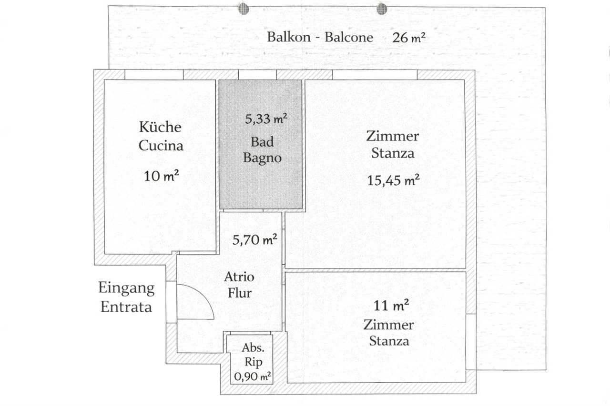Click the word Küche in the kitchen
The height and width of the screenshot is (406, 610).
tap(160, 127)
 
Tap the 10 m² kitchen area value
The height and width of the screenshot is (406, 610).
tap(161, 176)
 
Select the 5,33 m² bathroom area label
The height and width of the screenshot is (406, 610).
tap(266, 119)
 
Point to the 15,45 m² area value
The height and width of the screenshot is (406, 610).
tap(393, 180)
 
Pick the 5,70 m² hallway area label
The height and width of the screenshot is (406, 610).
tap(254, 240)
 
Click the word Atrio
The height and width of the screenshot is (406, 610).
tap(239, 277)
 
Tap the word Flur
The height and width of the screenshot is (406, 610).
tap(240, 293)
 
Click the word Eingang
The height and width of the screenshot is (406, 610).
tap(126, 288)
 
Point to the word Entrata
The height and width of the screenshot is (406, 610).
tap(126, 307)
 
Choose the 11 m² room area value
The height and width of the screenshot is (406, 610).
tap(391, 306)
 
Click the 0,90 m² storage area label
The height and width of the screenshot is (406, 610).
tap(252, 376)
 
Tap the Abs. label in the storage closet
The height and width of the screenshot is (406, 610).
tap(253, 348)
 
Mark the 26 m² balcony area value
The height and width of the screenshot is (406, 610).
tap(409, 38)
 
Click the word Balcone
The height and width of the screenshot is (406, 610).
tap(349, 37)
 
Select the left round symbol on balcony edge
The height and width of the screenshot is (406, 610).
tap(244, 9)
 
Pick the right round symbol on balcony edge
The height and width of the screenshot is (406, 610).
tap(382, 9)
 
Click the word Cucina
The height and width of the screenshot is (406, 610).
tap(161, 146)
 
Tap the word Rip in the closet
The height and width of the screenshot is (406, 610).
tap(253, 362)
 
